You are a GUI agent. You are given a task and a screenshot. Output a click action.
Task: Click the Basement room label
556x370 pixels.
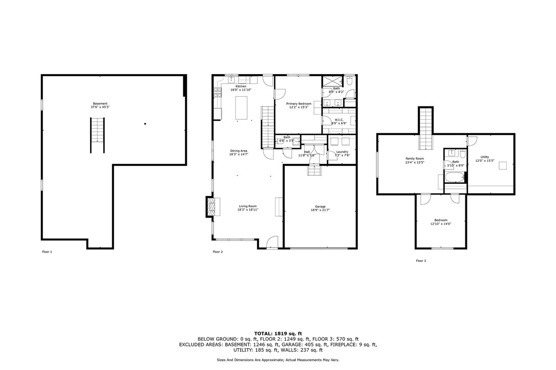coord(100,103)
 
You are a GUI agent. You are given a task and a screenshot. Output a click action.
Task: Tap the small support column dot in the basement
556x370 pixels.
coord(145,123)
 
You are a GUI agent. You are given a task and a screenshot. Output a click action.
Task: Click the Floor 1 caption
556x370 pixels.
coord(47,252)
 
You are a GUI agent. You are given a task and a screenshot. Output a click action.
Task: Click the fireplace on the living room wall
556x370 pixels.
coord(211,206)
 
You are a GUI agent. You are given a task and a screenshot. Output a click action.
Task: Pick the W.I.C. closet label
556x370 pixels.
coord(339,120)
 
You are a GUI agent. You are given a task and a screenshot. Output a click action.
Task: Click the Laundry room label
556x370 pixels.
coord(342,151)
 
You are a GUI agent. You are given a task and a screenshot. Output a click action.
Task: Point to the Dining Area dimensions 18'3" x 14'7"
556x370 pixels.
coord(239,154)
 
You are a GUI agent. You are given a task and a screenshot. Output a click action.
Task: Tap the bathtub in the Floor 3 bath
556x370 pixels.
coord(455,178)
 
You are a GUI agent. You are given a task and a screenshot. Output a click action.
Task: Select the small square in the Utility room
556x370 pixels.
coord(503,165)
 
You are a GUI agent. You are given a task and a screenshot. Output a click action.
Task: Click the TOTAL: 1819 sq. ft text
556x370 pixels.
coord(277,333)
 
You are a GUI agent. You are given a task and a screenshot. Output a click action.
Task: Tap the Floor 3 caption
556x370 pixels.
coord(420,261)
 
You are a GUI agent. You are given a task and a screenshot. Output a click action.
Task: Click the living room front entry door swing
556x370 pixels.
coord(273,242)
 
